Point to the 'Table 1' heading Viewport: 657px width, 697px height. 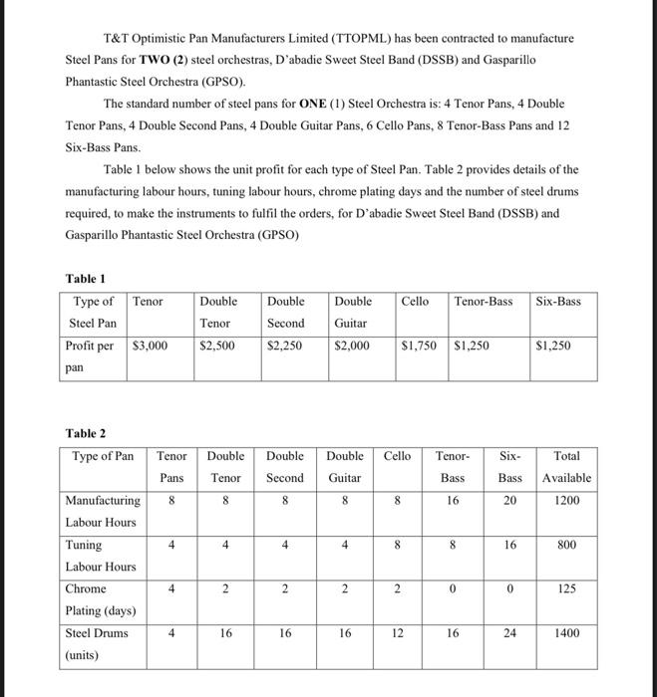point(86,279)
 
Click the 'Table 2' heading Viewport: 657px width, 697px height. point(86,432)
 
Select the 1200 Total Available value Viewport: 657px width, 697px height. point(566,501)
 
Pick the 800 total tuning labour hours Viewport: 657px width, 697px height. point(566,545)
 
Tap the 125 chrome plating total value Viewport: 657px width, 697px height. point(566,588)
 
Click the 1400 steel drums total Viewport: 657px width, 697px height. point(566,632)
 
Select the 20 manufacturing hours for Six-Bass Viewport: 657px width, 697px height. point(509,501)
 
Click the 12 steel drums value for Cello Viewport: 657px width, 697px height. point(397,632)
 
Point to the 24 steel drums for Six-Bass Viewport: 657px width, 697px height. point(509,632)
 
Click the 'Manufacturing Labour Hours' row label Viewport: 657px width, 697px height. point(102,511)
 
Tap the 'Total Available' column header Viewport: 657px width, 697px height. point(566,466)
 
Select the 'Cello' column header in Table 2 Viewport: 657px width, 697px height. point(397,455)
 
